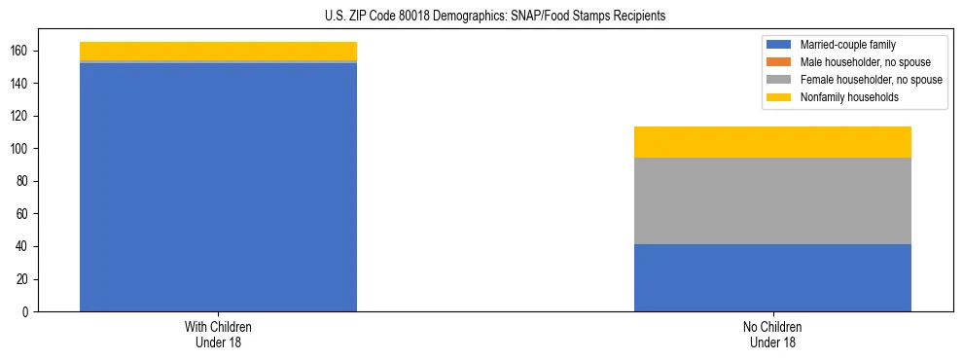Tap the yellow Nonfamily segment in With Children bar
coord(218,51)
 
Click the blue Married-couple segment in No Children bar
coord(772,277)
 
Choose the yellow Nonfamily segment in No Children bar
coord(772,142)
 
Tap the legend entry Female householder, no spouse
coord(856,80)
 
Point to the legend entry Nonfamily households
coord(842,97)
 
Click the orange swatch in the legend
coord(780,62)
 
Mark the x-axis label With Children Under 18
coord(218,334)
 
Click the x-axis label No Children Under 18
coord(772,334)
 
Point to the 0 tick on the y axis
coord(26,311)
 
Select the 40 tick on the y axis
coord(23,246)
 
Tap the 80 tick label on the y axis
coord(23,181)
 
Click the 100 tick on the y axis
coord(20,149)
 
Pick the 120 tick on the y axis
coord(20,116)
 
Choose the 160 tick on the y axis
coord(20,51)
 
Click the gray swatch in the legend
coord(780,80)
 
